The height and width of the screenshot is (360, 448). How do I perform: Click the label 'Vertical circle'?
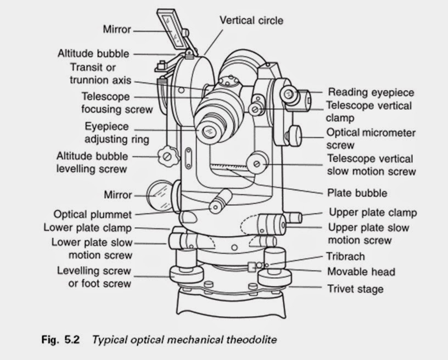252,20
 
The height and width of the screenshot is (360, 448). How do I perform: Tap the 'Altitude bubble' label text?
93,54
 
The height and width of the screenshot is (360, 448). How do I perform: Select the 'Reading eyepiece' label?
371,92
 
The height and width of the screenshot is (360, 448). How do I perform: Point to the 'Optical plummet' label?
93,214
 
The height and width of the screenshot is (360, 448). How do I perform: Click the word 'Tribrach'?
345,256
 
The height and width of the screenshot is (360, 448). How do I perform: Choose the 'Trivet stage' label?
355,288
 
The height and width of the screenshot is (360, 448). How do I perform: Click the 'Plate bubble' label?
357,193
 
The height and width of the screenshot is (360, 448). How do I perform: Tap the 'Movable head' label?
361,272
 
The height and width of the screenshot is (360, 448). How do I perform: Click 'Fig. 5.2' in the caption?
60,340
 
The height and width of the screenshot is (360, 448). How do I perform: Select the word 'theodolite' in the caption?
250,340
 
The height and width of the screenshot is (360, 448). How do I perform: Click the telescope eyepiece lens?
209,131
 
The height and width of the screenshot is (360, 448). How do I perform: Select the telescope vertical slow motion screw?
257,163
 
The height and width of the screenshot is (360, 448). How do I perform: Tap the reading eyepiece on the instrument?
289,95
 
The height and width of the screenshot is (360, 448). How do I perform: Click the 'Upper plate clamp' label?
372,212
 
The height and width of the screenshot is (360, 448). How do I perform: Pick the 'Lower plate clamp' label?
87,227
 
